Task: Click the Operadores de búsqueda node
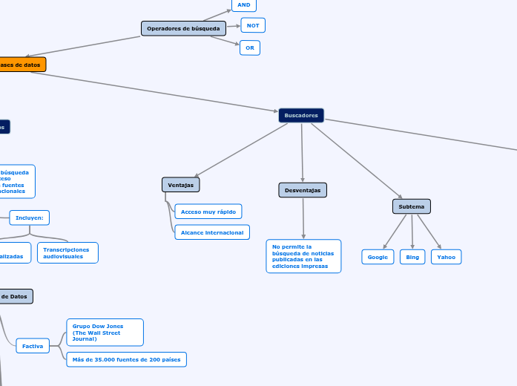pos(183,28)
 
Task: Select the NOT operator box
pos(253,25)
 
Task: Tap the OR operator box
pos(250,48)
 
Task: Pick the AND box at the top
pos(243,4)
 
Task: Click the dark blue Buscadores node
pos(301,115)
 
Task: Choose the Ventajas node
pos(180,184)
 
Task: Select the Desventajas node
pos(303,190)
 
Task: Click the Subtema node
pos(412,206)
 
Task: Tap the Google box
pos(378,257)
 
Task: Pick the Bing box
pos(412,257)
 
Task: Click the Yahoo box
pos(447,257)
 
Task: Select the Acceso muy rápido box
pos(208,212)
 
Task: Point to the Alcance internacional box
pos(212,232)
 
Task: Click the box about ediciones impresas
pos(303,256)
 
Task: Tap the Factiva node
pos(33,346)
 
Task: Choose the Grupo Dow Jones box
pos(105,332)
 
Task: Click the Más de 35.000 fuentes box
pos(126,359)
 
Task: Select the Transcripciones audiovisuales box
pos(67,252)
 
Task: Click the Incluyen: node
pos(30,217)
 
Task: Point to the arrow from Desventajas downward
pos(303,218)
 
